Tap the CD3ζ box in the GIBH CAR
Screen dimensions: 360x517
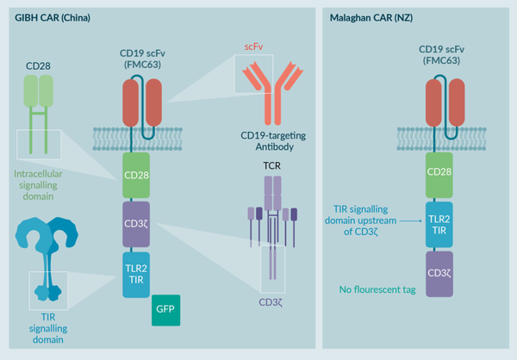coord(139,222)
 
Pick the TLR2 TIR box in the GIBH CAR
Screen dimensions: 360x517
coord(139,274)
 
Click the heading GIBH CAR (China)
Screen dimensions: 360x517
coord(52,16)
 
